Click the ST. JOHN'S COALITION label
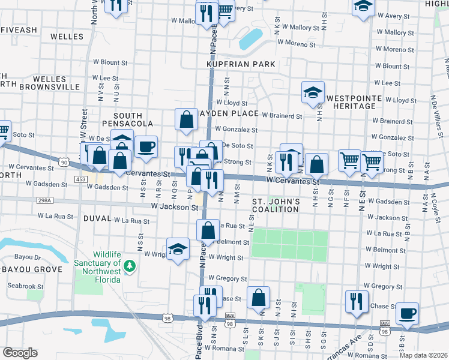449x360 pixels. [275, 205]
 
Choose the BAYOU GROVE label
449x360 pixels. [31, 269]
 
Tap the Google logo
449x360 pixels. [20, 353]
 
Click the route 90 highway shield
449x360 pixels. [64, 163]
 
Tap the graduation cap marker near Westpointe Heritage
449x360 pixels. [313, 92]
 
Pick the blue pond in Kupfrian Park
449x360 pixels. [251, 39]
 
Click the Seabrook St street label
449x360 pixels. [25, 286]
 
